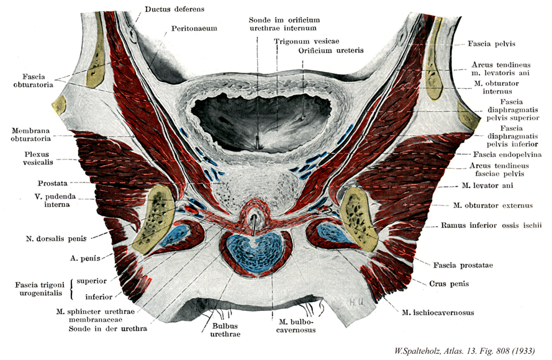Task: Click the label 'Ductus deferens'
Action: tap(174, 9)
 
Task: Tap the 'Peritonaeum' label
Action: tap(195, 29)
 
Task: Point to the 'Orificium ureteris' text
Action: tap(330, 50)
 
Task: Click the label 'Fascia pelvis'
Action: tap(493, 44)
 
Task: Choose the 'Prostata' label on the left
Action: tap(54, 182)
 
